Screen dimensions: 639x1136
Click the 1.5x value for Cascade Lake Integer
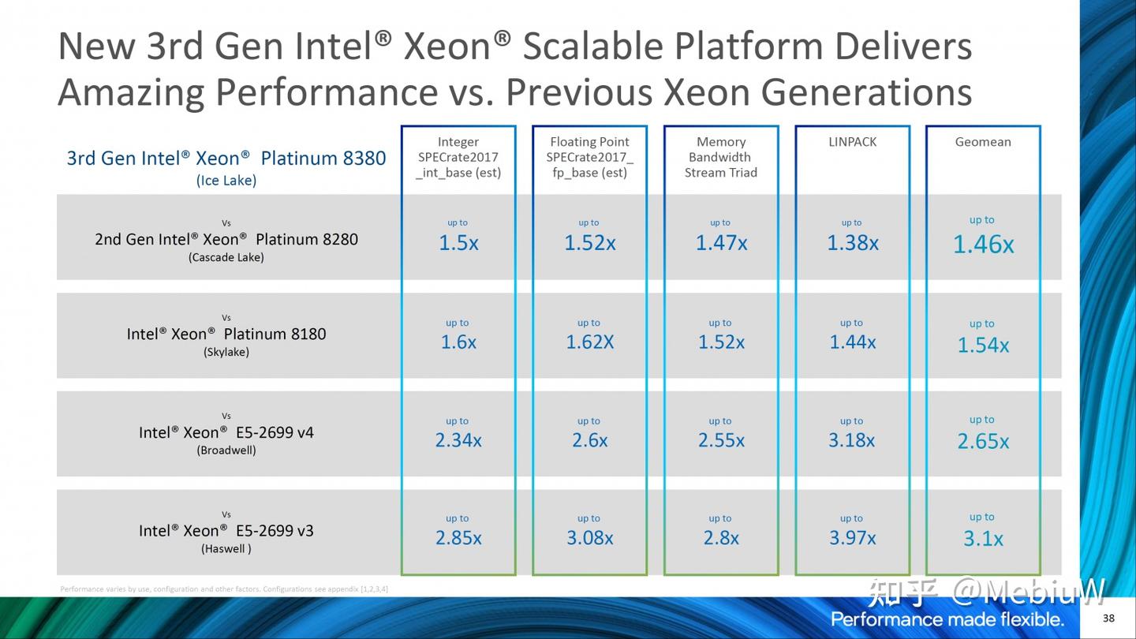coord(458,243)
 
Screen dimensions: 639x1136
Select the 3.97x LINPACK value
coord(852,538)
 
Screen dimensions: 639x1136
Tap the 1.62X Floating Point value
coord(589,342)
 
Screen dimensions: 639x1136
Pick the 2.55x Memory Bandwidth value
coord(720,440)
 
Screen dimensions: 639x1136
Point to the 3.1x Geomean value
coord(983,540)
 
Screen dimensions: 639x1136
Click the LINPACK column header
coord(852,142)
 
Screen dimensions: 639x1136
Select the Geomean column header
coord(983,142)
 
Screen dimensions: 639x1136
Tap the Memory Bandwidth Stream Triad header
coord(720,157)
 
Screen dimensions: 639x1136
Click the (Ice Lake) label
coord(226,181)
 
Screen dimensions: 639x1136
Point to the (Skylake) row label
coord(226,352)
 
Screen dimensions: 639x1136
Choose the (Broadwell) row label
coord(226,450)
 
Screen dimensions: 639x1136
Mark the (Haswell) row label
coord(226,549)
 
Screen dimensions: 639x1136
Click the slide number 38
coord(1108,618)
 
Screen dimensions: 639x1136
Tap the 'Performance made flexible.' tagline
coord(947,618)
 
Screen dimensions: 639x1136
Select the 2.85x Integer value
coord(458,538)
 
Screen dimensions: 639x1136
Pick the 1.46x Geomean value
coord(983,245)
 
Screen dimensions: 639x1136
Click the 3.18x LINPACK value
coord(852,440)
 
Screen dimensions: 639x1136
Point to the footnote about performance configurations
coord(224,589)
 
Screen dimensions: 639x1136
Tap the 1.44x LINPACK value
coord(852,342)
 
